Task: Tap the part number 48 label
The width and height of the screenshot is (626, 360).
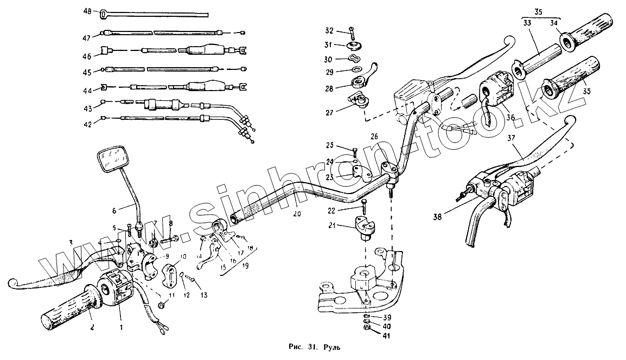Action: click(88, 11)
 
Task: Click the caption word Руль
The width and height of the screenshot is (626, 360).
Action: click(333, 347)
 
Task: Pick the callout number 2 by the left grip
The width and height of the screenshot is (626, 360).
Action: click(92, 327)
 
